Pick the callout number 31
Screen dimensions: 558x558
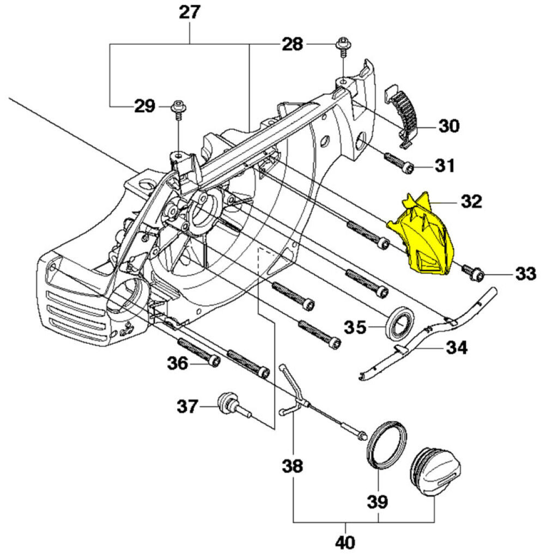click(444, 165)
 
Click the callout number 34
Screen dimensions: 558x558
click(457, 347)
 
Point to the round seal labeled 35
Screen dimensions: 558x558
click(401, 324)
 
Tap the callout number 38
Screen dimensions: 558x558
click(293, 466)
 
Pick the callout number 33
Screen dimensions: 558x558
click(525, 274)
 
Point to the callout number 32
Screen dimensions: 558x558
click(471, 201)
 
